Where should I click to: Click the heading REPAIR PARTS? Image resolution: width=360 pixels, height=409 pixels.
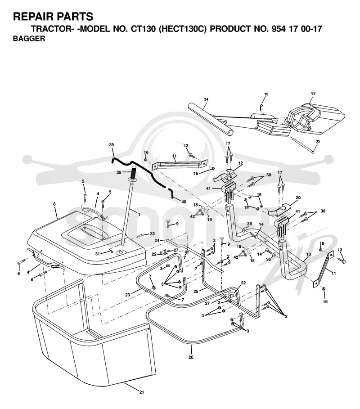[53, 17]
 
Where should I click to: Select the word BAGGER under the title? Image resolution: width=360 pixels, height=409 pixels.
[29, 39]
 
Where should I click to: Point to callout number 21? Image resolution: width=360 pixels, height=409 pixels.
[142, 392]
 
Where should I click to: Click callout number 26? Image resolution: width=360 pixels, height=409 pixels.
[191, 357]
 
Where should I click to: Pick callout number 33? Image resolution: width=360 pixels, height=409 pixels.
[313, 93]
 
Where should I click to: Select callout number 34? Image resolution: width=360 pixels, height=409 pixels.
[206, 99]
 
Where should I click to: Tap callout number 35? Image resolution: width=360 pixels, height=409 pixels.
[318, 141]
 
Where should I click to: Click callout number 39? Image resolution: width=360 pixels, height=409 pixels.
[112, 145]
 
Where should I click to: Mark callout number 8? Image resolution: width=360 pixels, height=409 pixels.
[54, 204]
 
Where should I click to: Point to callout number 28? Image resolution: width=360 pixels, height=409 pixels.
[119, 172]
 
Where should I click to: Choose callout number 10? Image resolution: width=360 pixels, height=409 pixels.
[308, 254]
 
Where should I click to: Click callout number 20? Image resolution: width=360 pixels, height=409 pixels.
[298, 198]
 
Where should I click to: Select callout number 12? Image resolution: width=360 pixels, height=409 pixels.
[240, 163]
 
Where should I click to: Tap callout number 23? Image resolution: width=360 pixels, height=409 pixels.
[127, 295]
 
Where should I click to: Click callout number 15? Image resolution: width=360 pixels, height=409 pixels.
[266, 94]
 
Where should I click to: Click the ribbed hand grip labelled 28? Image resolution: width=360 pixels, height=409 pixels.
[134, 173]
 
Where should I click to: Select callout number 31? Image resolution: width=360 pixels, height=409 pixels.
[97, 254]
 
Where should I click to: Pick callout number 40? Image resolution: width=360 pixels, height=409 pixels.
[184, 202]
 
